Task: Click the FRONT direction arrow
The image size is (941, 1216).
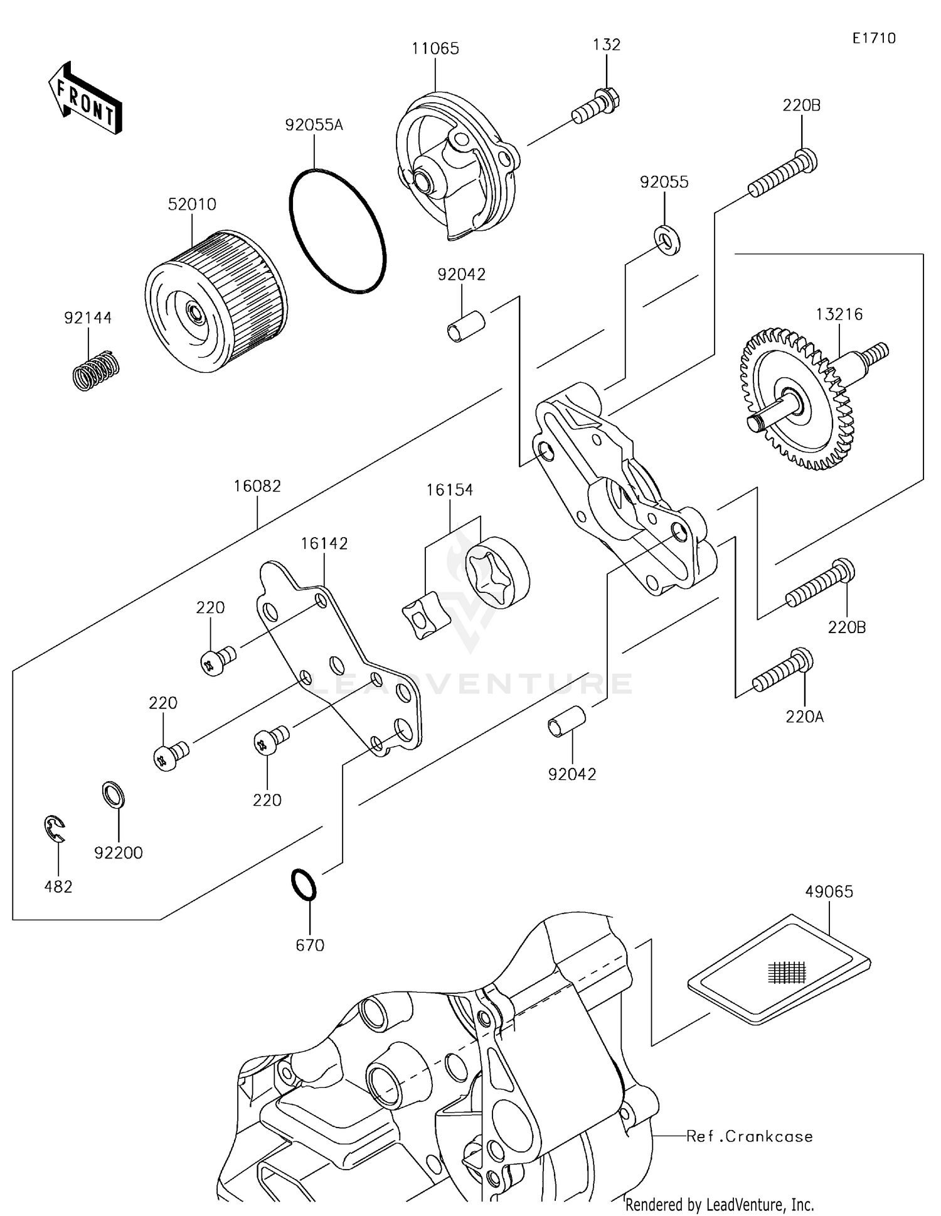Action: click(85, 99)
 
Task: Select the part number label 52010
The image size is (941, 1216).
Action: click(192, 205)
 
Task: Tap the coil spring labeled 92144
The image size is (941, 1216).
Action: click(95, 371)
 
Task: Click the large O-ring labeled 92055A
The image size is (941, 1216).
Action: click(338, 230)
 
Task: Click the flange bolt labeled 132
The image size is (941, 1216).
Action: click(596, 107)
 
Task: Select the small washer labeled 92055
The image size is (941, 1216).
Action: click(667, 240)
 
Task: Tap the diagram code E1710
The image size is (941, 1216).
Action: click(874, 38)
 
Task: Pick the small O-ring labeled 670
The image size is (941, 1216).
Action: click(304, 885)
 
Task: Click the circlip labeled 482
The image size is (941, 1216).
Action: click(55, 829)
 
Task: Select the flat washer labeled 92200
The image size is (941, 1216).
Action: click(114, 795)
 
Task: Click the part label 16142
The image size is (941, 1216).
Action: click(324, 543)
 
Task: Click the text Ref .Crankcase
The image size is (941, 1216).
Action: click(750, 1136)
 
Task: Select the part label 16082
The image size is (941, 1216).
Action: click(257, 486)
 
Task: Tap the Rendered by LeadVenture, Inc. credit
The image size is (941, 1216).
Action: click(720, 1204)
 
